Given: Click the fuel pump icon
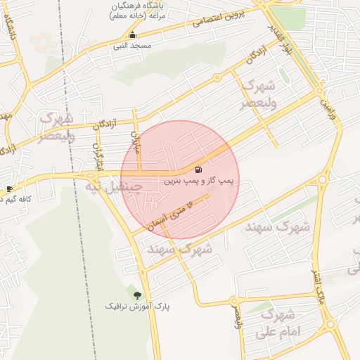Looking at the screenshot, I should pyautogui.click(x=198, y=169).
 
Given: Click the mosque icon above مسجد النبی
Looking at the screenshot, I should pyautogui.click(x=131, y=35).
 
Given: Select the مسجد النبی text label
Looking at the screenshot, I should pyautogui.click(x=131, y=46).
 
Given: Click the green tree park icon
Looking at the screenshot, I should pyautogui.click(x=136, y=295).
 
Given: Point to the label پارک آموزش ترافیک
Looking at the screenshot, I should pyautogui.click(x=137, y=307).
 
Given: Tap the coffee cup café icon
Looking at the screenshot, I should pyautogui.click(x=8, y=188).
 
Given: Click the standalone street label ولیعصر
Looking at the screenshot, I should pyautogui.click(x=237, y=312).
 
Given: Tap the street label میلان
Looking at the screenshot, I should pyautogui.click(x=136, y=143).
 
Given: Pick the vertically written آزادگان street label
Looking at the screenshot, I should pyautogui.click(x=98, y=156).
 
